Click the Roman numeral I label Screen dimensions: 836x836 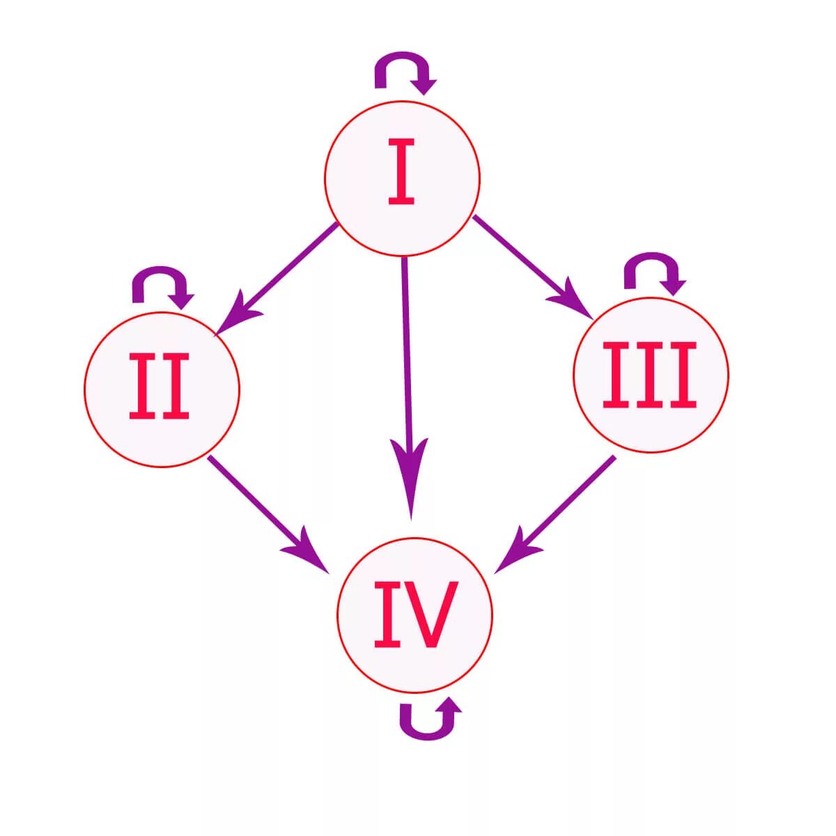(401, 172)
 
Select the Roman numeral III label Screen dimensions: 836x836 (649, 374)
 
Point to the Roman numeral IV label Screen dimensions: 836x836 (415, 614)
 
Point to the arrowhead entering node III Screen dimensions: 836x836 (575, 301)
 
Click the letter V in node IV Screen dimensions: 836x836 (433, 614)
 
